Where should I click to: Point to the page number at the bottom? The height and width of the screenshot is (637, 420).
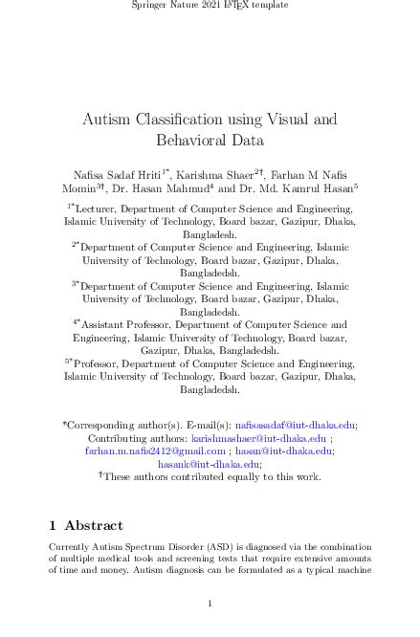[210, 604]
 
